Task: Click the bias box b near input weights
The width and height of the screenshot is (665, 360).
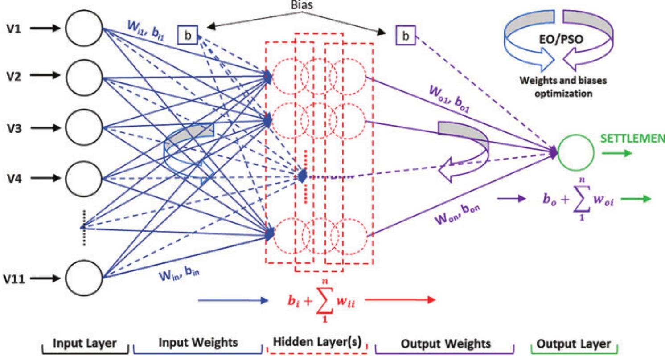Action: pos(187,35)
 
